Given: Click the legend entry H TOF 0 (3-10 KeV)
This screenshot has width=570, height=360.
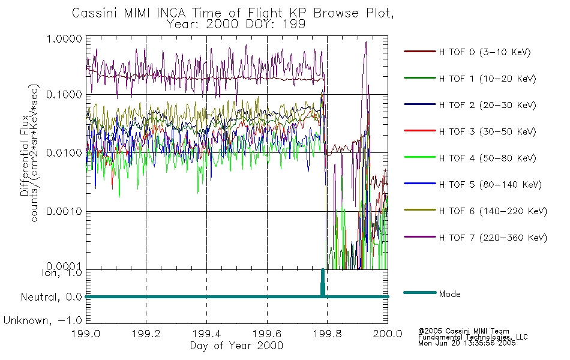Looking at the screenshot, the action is (485, 52).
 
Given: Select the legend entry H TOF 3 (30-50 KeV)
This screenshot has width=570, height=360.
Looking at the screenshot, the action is (487, 131).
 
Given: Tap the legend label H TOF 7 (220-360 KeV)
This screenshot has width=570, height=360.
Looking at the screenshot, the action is (493, 238).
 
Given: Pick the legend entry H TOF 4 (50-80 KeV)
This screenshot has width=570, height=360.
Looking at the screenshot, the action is (487, 158).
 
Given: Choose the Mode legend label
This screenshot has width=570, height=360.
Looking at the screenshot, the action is (449, 294).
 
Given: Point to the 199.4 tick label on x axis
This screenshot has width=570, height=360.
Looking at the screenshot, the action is (206, 334).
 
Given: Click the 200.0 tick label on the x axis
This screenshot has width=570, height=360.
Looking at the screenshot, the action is (388, 334).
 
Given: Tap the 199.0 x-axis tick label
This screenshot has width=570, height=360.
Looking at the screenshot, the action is (86, 334).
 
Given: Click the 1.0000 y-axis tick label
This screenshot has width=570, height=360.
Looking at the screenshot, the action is (65, 38).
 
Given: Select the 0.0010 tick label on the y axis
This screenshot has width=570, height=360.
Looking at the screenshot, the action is (64, 211).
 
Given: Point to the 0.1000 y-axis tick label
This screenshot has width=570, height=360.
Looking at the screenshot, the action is (64, 95).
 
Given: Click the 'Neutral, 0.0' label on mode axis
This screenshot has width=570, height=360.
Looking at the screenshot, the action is (52, 297).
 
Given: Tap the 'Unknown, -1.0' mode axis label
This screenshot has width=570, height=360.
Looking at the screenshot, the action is (43, 321).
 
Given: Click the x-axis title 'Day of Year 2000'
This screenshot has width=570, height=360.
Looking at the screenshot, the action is (236, 346).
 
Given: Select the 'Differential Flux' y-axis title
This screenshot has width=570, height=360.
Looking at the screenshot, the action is (25, 155).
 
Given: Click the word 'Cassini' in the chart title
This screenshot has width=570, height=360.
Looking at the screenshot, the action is (95, 13).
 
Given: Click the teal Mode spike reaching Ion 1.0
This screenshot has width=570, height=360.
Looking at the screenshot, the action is (322, 283).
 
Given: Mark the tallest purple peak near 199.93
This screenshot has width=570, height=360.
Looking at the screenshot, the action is (366, 42).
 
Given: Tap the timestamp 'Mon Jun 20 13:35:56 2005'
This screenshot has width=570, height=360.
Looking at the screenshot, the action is (467, 343).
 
